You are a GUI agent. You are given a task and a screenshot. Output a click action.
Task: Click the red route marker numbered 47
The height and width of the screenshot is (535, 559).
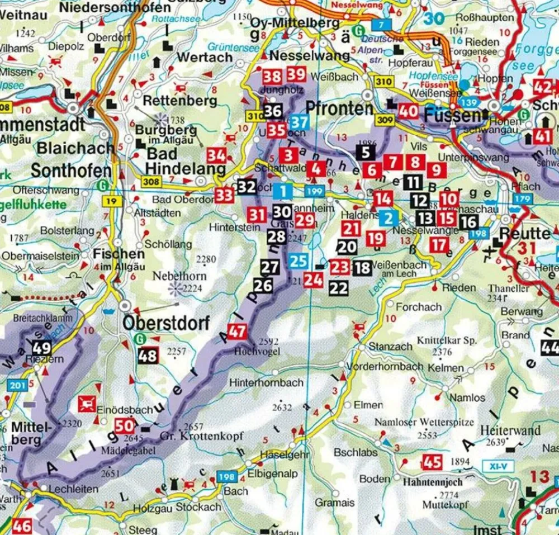tap(237, 331)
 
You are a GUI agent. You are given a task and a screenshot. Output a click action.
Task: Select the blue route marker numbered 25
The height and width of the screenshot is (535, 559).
tap(299, 260)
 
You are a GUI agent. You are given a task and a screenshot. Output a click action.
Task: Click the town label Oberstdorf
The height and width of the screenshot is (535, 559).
tap(166, 323)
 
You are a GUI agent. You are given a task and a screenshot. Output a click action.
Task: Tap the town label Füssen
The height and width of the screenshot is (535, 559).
tap(452, 116)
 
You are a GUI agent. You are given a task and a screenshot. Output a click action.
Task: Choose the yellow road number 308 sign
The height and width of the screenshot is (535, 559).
tap(150, 181)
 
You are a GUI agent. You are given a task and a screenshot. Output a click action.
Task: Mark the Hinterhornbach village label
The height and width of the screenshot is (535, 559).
tap(266, 382)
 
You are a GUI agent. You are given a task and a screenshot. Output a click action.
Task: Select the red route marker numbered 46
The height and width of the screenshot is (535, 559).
tap(22, 525)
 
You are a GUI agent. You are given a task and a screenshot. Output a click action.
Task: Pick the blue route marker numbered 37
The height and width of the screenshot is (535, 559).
tap(299, 122)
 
